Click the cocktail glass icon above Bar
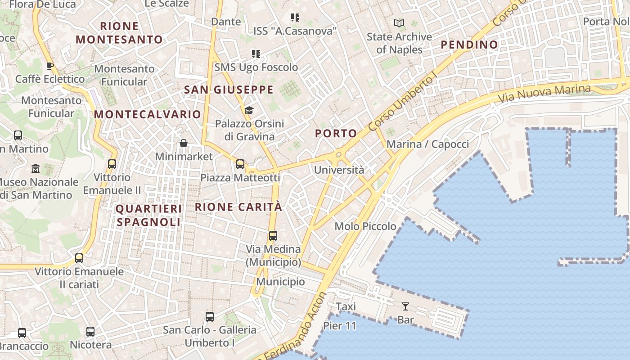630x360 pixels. click(x=405, y=306)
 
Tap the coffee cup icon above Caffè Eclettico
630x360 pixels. click(x=50, y=66)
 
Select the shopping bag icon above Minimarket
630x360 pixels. click(x=184, y=144)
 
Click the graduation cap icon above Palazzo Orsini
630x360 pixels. click(x=249, y=110)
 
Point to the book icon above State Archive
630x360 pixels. click(x=399, y=23)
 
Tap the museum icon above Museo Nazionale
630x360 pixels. click(x=36, y=169)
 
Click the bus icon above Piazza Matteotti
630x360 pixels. click(x=240, y=164)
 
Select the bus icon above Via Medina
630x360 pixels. click(x=273, y=235)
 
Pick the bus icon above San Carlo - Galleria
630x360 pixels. click(x=210, y=316)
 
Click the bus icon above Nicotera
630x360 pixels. click(x=90, y=332)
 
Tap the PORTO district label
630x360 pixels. click(x=336, y=133)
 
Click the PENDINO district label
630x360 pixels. click(x=469, y=45)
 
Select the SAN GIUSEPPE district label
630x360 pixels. click(x=229, y=90)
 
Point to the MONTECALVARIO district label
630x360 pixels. click(x=147, y=114)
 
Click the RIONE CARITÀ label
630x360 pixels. click(x=238, y=207)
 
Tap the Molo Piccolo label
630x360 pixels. click(x=365, y=226)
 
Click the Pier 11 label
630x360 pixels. click(x=339, y=326)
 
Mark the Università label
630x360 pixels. click(x=339, y=170)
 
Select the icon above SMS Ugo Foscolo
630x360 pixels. click(x=256, y=54)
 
